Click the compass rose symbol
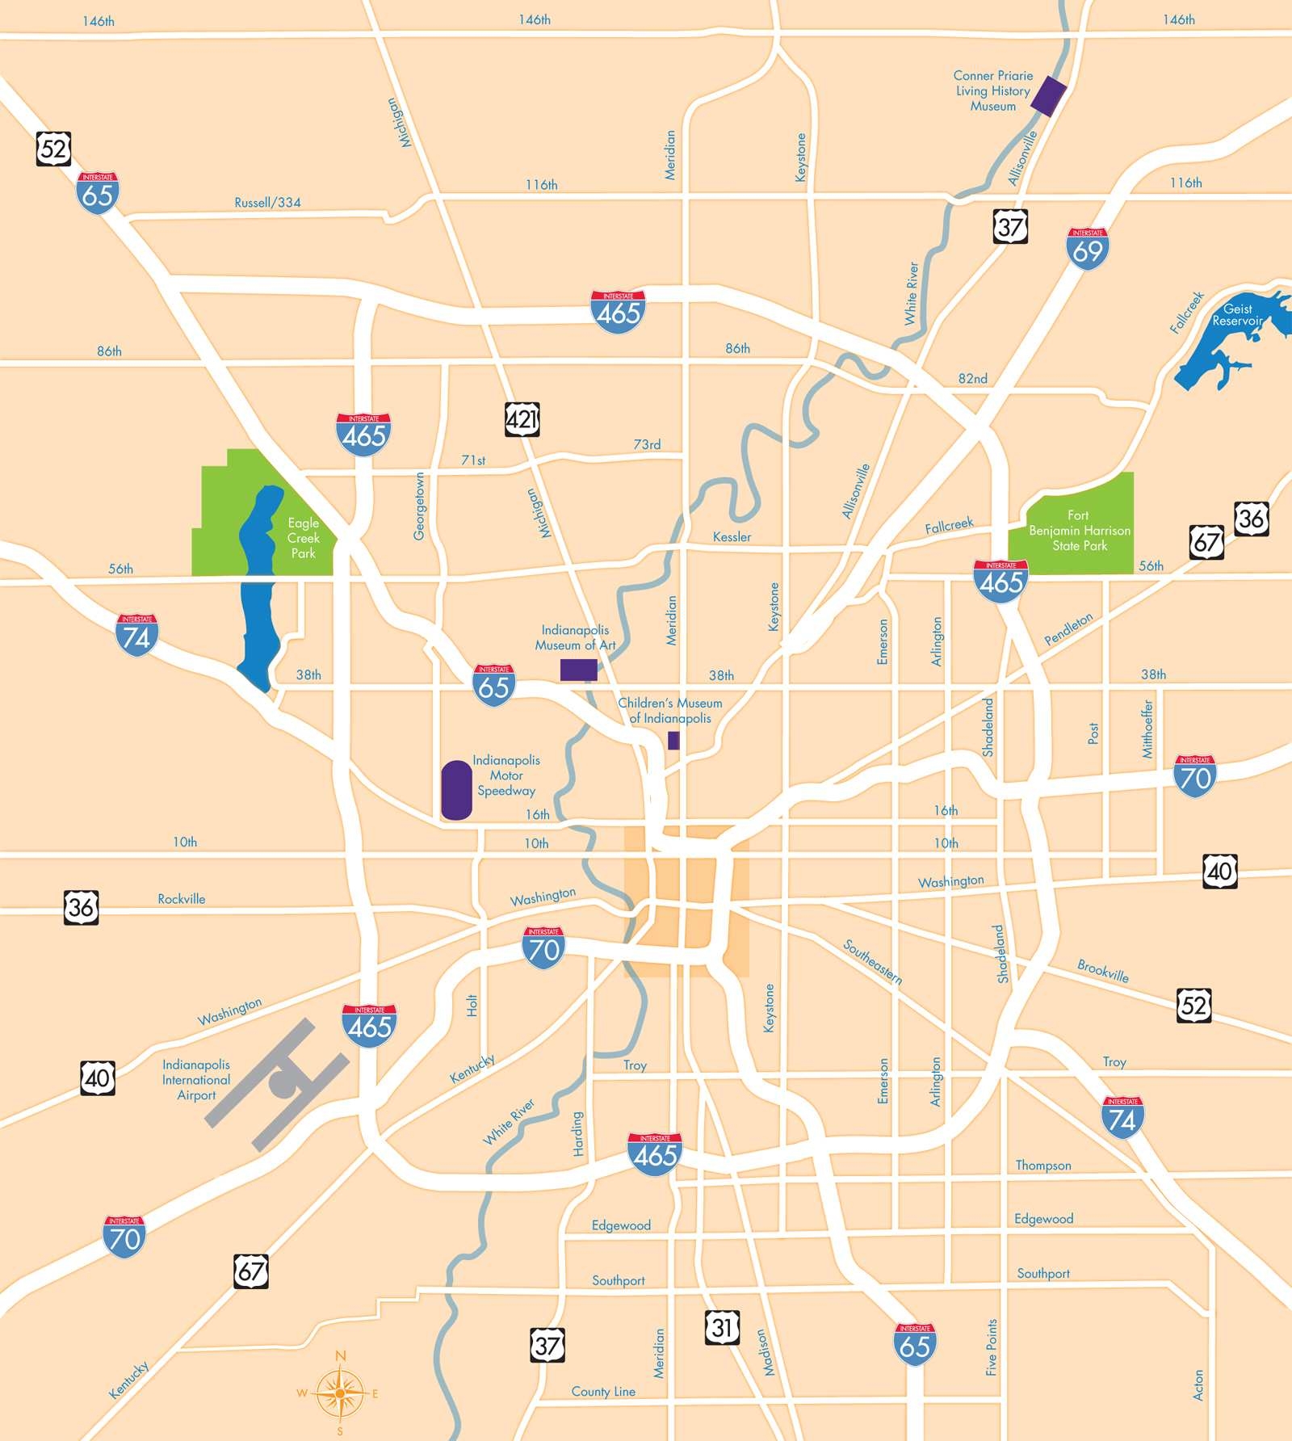(341, 1393)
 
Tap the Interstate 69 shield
(1087, 249)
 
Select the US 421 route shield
(522, 419)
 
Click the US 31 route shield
(722, 1327)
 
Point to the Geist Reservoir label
(1237, 315)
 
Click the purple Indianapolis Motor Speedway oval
(456, 790)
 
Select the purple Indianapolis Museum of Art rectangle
(579, 670)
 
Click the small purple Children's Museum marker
(673, 741)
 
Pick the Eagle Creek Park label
(304, 538)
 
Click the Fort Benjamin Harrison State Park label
(1079, 531)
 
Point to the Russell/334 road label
(267, 203)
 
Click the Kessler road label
(732, 537)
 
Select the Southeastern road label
(872, 961)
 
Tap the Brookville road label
(1102, 970)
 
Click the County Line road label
(603, 1392)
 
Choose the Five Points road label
(992, 1347)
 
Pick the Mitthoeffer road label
(1147, 729)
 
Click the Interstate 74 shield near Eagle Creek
(136, 635)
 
